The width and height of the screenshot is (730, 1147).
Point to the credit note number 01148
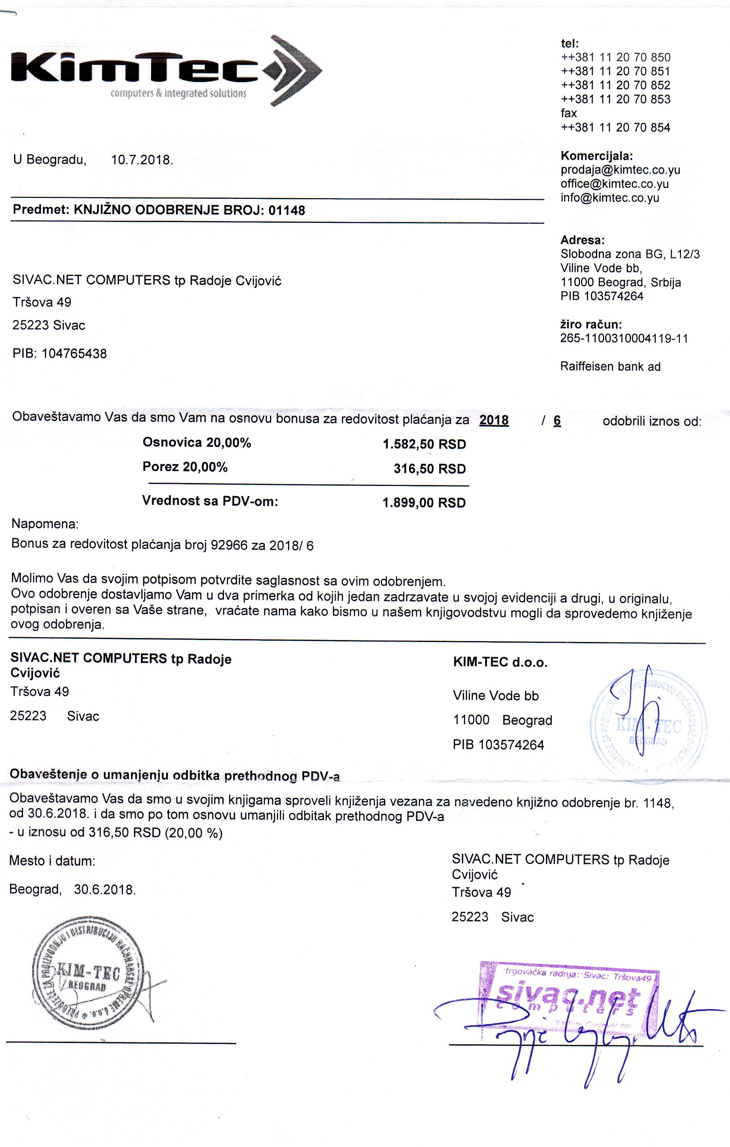click(x=287, y=211)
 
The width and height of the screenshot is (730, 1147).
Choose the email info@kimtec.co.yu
click(x=610, y=198)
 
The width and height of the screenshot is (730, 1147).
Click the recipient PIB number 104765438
click(x=74, y=354)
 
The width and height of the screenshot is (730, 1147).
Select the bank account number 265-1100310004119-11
click(x=624, y=339)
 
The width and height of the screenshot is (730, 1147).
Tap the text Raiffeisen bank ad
click(x=611, y=366)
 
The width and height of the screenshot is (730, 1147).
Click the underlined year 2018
click(x=494, y=421)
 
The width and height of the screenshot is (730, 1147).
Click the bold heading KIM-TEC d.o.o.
click(x=500, y=662)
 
